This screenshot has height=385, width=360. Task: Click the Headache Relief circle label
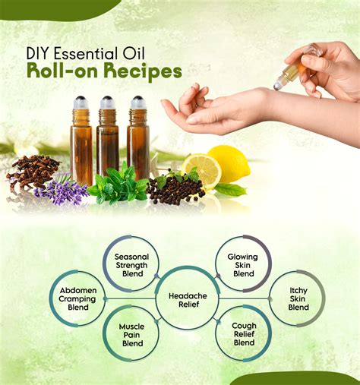click(188, 300)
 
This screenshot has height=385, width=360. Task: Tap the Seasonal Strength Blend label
click(131, 265)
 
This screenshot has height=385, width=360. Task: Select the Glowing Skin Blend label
click(243, 265)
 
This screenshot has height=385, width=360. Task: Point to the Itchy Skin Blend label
click(298, 298)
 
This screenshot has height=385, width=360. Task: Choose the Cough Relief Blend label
click(244, 334)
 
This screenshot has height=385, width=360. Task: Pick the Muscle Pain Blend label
click(132, 335)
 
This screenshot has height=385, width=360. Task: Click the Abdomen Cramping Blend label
click(78, 298)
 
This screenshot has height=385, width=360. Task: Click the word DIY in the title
click(38, 54)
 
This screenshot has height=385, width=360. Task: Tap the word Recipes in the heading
click(143, 71)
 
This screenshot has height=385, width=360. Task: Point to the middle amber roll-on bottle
click(107, 135)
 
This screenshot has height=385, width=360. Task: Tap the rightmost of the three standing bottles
click(138, 137)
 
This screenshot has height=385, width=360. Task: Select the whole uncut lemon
click(230, 163)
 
